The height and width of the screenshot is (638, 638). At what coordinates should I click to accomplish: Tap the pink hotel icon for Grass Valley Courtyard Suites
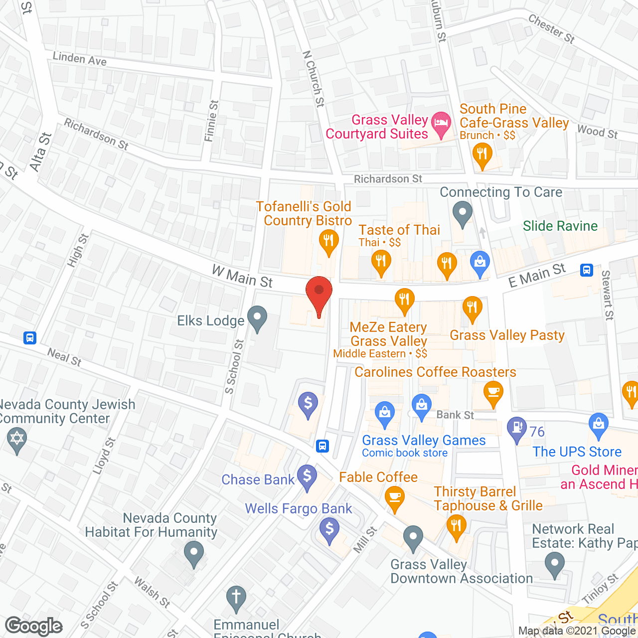click(x=441, y=124)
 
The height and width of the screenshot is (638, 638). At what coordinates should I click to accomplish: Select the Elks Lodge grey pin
click(x=257, y=318)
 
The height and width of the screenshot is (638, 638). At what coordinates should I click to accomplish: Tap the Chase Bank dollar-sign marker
click(x=308, y=477)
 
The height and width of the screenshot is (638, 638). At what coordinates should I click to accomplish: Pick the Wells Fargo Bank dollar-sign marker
click(x=329, y=529)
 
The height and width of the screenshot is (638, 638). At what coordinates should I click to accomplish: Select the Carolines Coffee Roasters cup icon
click(x=493, y=393)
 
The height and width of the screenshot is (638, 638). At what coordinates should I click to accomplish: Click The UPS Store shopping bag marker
click(x=598, y=425)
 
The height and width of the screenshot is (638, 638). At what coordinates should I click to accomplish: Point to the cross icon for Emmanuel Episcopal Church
click(x=236, y=598)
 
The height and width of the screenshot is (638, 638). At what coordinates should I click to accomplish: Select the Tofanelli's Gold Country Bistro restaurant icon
click(x=328, y=242)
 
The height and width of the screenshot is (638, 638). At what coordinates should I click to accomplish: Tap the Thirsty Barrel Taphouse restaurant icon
click(x=456, y=526)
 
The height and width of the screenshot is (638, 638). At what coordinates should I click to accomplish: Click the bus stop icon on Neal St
click(x=30, y=338)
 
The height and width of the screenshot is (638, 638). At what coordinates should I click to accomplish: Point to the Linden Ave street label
click(x=80, y=59)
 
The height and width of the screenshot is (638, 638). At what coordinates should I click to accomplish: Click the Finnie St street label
click(x=212, y=121)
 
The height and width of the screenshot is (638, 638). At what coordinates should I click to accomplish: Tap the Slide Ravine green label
click(x=560, y=226)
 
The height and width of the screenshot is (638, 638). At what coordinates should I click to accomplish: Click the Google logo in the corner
click(x=34, y=626)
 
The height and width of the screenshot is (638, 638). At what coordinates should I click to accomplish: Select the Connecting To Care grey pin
click(x=463, y=213)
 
